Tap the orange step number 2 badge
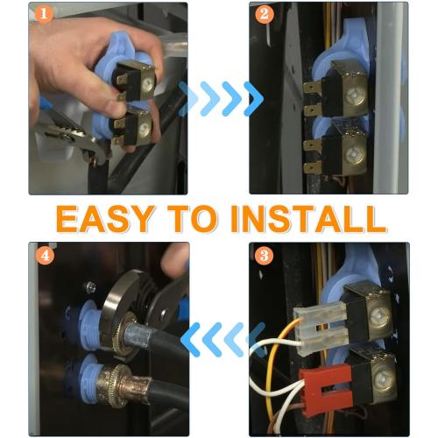pos(262,14)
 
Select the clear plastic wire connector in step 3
pos(319,325)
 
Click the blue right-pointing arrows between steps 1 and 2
pos(220,98)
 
